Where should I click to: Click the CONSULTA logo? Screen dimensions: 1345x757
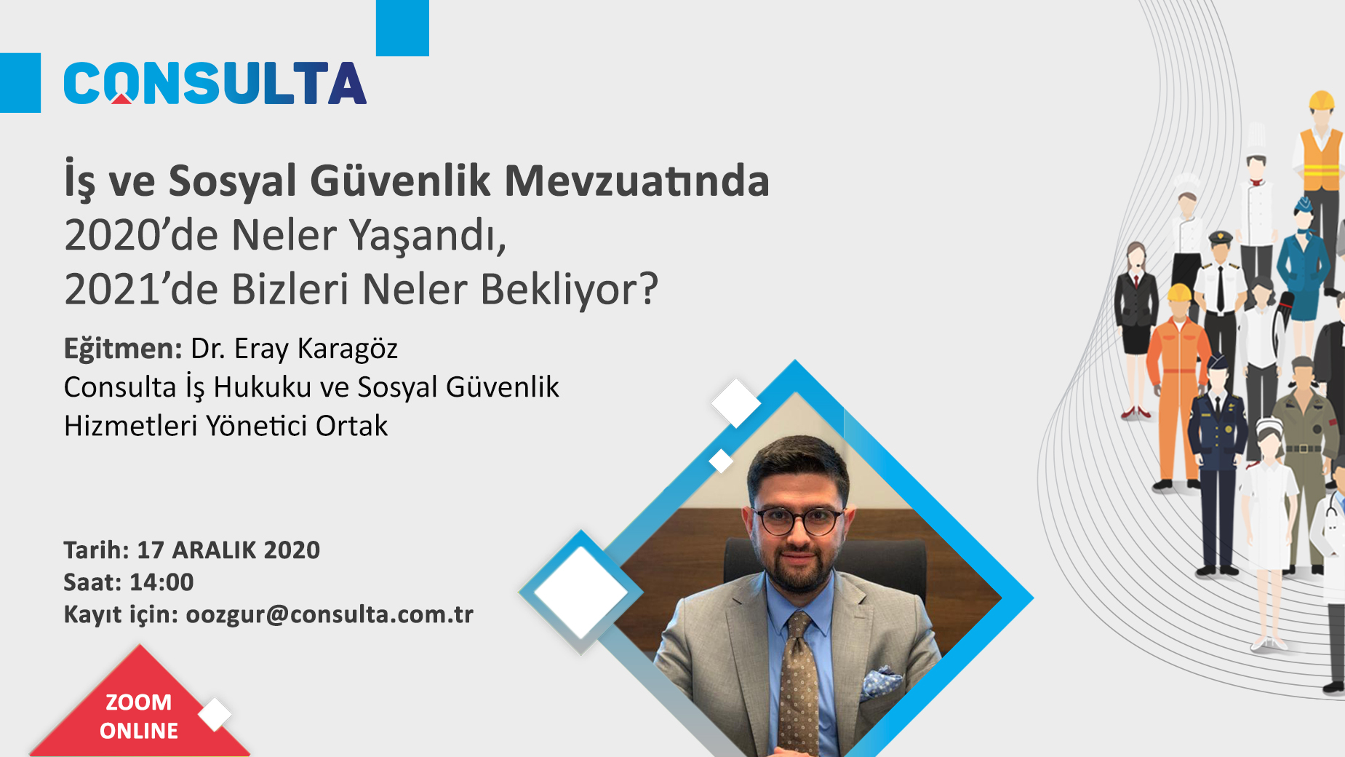point(215,83)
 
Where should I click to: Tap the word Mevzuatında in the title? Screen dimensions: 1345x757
point(636,181)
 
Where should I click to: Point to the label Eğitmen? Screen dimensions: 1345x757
point(122,349)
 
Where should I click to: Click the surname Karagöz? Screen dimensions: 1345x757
point(347,349)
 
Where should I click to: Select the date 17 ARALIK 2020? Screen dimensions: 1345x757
point(228,550)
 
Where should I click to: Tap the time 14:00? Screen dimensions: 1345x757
point(161,582)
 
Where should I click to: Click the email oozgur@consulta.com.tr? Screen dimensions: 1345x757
point(330,615)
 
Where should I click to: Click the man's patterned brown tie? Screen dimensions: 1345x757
point(799,684)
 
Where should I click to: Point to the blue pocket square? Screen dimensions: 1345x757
point(882,682)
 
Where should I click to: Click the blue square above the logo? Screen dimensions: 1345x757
point(402,28)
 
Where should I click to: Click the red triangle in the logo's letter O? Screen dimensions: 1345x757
point(121,98)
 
